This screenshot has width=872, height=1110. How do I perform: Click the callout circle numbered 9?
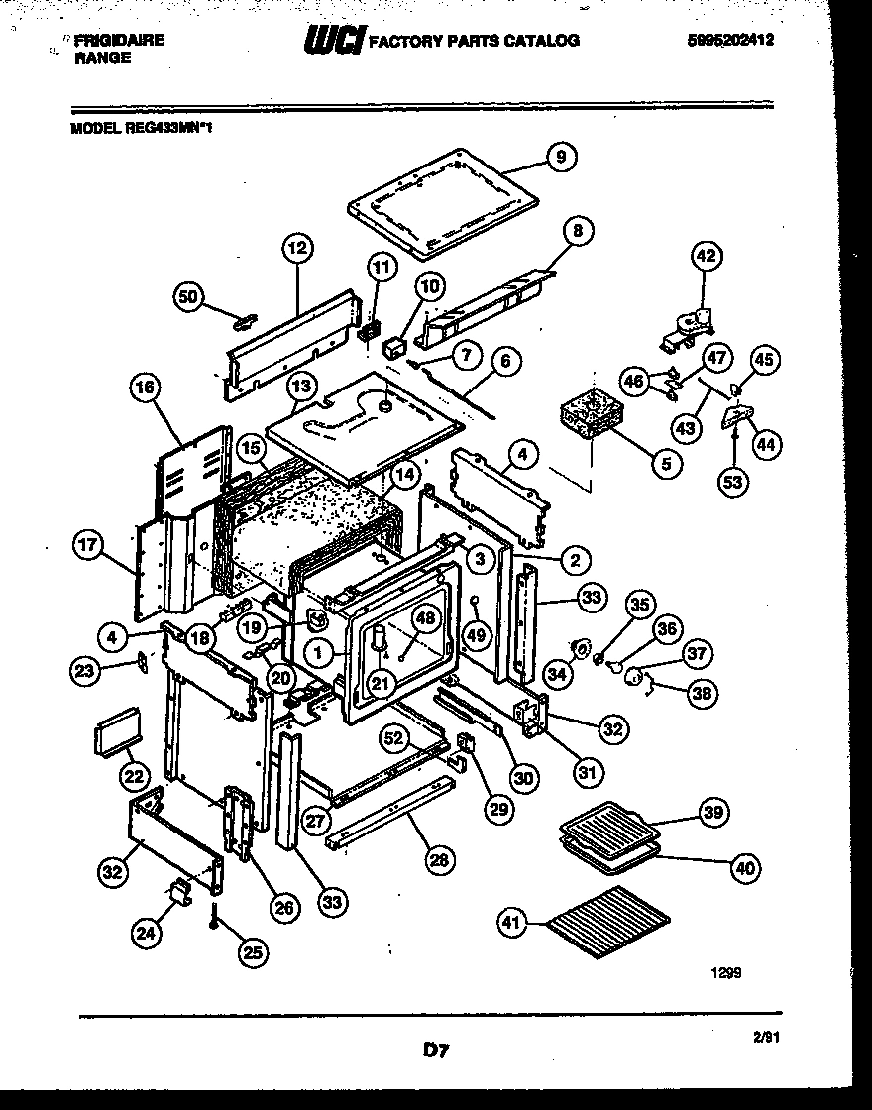click(x=561, y=157)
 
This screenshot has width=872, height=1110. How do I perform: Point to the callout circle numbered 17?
click(x=89, y=544)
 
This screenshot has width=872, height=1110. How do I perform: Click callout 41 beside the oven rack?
click(x=511, y=924)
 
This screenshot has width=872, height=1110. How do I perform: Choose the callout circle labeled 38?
click(x=703, y=693)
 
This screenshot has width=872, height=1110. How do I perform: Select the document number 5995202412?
click(x=729, y=41)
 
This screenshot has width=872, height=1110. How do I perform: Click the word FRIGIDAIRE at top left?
click(x=120, y=41)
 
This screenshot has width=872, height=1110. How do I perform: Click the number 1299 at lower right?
click(x=726, y=973)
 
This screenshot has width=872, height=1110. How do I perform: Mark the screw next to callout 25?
click(x=214, y=918)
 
